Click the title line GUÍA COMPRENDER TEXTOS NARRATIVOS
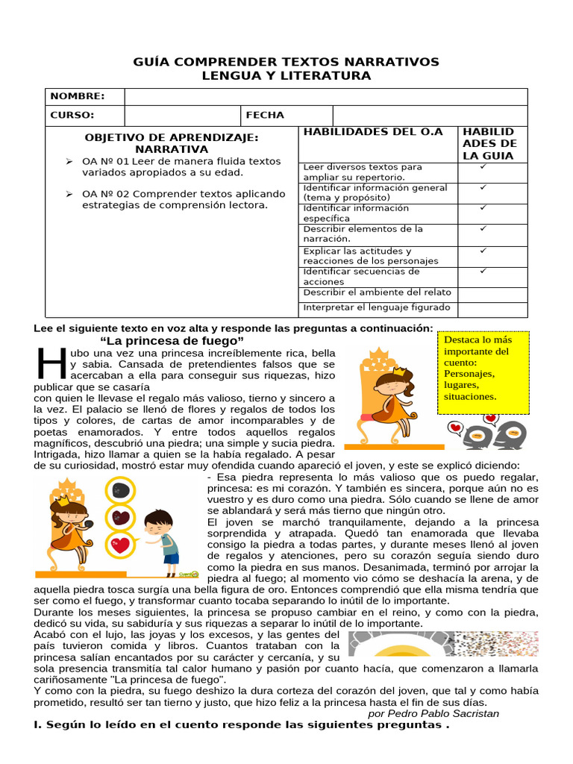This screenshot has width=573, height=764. point(286,61)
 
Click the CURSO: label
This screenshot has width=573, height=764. point(72,115)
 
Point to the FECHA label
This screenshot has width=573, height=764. point(265,115)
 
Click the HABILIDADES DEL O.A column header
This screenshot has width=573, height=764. point(373,132)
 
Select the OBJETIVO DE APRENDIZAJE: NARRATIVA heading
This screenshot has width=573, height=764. point(171,143)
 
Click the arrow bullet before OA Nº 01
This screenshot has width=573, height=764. point(69,161)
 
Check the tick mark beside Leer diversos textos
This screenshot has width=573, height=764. point(483,167)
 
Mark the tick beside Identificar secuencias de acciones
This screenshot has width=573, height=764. point(483,271)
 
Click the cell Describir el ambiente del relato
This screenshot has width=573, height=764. point(377,292)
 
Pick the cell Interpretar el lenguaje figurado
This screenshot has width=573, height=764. point(377,307)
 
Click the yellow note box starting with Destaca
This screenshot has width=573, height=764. point(483,373)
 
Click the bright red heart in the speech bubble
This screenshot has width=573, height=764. point(119,545)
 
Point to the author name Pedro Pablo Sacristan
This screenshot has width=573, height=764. point(433,713)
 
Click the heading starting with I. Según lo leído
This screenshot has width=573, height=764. point(242,725)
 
